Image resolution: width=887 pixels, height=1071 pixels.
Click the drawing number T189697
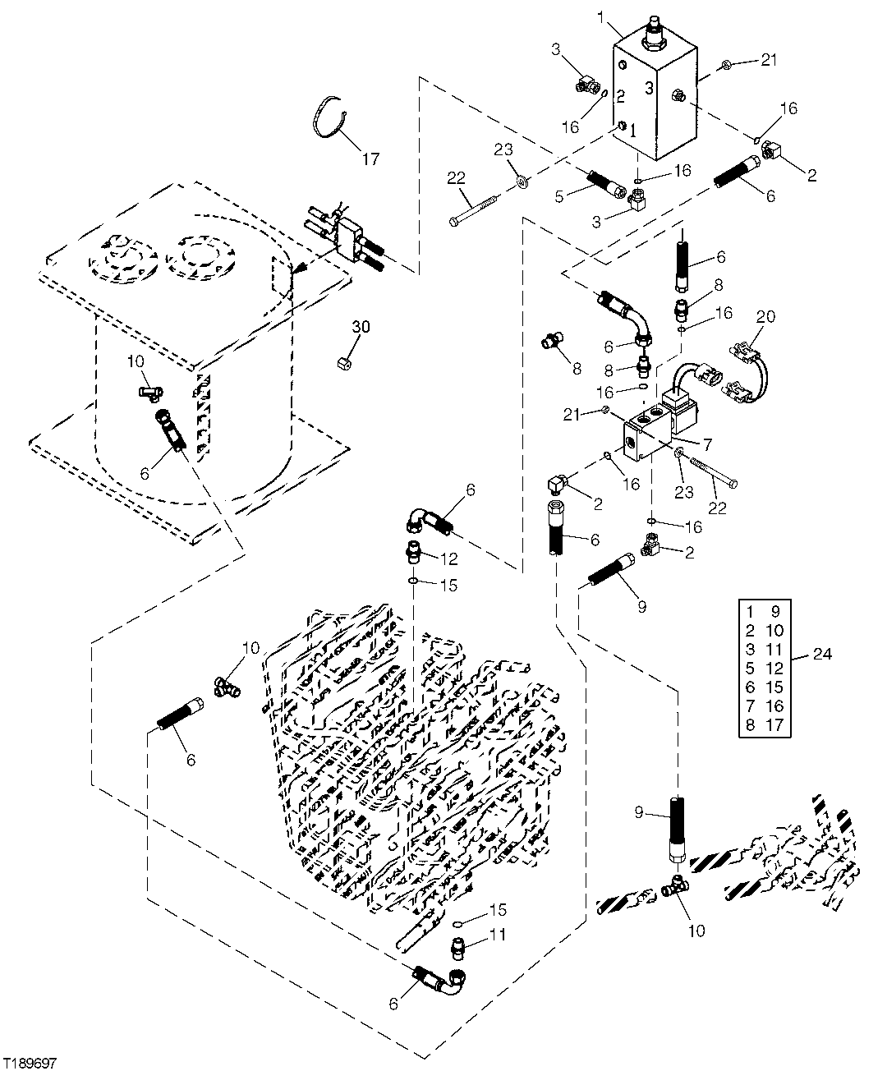point(30,1063)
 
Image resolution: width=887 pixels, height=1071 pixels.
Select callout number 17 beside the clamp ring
point(370,159)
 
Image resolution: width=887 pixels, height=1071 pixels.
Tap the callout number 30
point(361,327)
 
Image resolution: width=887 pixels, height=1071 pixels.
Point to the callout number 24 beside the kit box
point(822,655)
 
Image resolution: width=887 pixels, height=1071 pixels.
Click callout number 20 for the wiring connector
point(765,316)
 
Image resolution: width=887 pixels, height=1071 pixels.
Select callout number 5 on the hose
point(559,197)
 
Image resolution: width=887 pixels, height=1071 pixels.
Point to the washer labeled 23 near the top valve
point(521,178)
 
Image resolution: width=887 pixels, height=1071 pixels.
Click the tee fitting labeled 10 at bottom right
point(675,887)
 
